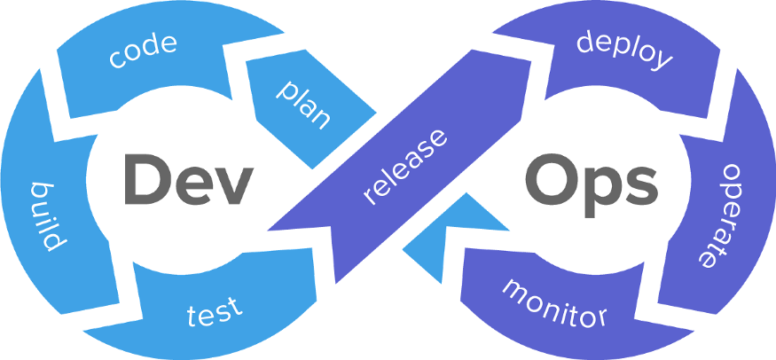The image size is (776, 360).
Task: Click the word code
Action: pos(144,50)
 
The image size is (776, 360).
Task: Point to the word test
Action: pos(214,312)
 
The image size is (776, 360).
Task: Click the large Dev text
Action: pos(183,180)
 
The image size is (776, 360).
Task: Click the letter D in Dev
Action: pos(141,180)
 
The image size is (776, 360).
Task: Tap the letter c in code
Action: pos(116,59)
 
